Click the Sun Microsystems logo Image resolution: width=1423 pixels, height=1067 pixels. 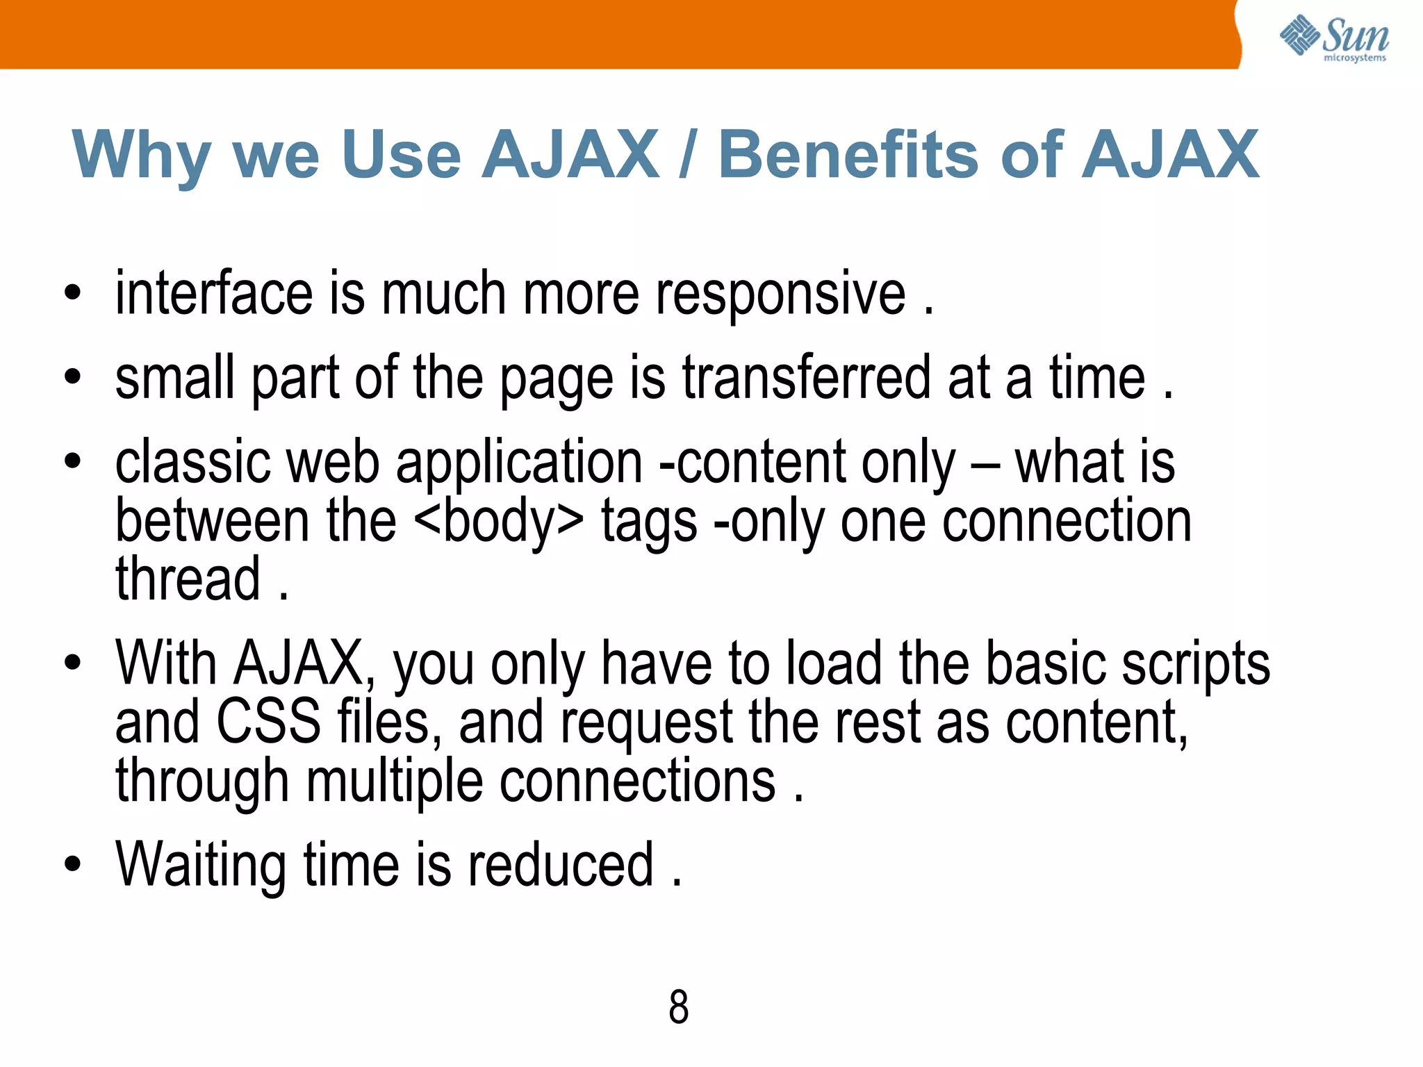click(1334, 38)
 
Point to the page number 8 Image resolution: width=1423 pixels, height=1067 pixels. click(678, 1007)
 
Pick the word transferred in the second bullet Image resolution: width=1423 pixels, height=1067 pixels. click(806, 379)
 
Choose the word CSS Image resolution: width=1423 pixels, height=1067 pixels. click(269, 722)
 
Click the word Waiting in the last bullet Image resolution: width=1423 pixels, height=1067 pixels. click(201, 865)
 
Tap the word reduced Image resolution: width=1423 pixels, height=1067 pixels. click(560, 865)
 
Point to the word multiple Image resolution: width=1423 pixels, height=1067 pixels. click(394, 781)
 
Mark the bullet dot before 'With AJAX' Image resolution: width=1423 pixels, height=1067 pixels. click(72, 663)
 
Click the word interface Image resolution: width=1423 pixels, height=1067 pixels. click(214, 294)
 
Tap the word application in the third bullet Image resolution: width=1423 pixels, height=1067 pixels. click(519, 463)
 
